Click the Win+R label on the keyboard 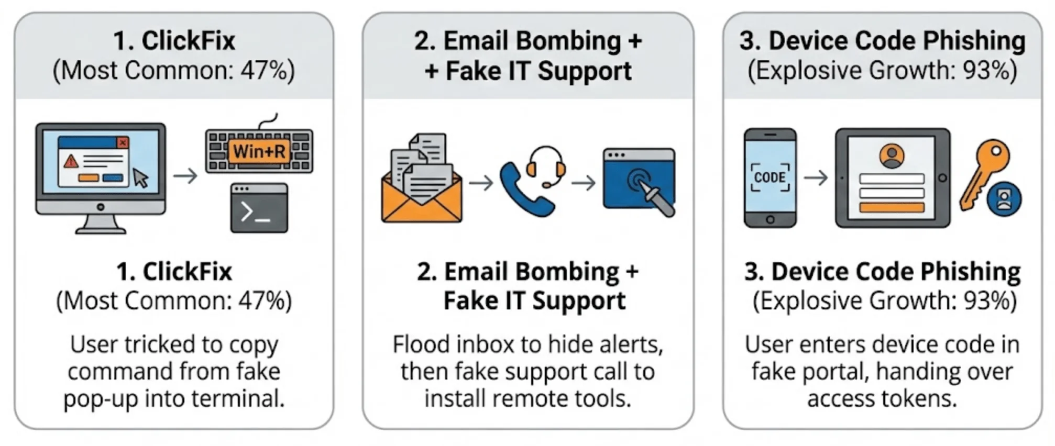point(259,152)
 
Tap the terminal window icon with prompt point(259,208)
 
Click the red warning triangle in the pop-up point(70,161)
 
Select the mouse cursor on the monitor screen point(140,178)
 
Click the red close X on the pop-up point(123,142)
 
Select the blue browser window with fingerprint point(639,181)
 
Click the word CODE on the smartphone point(770,178)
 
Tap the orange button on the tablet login point(892,207)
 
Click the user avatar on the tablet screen point(892,156)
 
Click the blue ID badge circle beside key point(1004,199)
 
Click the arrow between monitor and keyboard point(185,176)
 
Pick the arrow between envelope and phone point(481,183)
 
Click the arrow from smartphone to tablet point(815,178)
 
